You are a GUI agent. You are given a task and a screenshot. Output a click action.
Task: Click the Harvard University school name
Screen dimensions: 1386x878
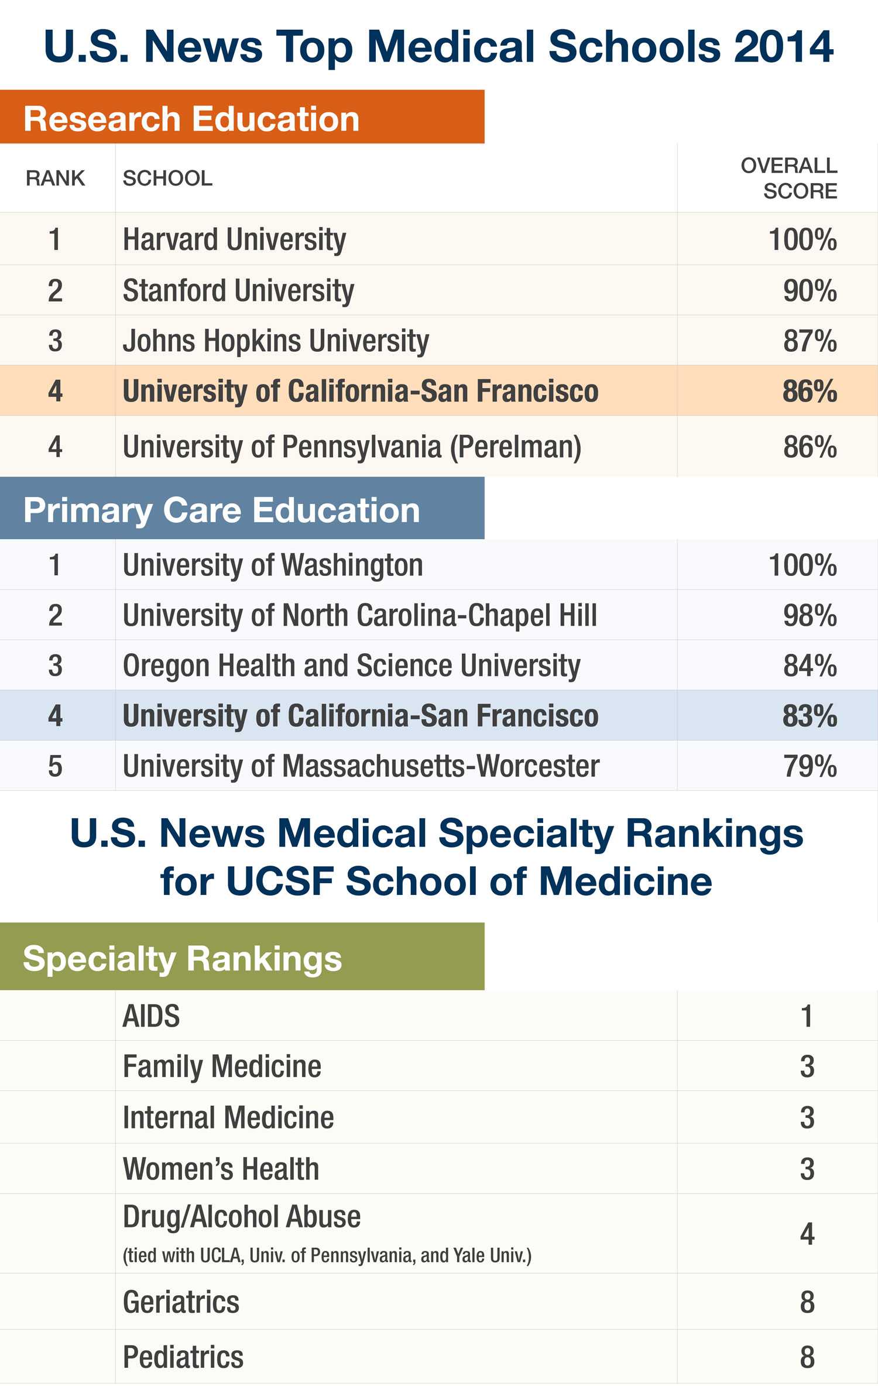click(x=234, y=239)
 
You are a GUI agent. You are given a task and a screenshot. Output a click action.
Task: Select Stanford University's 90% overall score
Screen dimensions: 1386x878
click(x=810, y=291)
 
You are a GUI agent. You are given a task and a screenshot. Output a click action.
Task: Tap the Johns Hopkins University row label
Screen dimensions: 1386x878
click(x=276, y=341)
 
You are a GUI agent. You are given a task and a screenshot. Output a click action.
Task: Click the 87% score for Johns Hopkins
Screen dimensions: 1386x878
click(x=810, y=341)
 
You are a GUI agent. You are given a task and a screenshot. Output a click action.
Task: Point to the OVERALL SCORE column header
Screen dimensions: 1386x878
click(x=788, y=178)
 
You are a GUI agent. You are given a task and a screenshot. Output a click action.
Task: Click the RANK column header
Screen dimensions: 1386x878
click(x=55, y=178)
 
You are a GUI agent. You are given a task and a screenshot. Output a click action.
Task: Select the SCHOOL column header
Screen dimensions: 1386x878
click(x=167, y=178)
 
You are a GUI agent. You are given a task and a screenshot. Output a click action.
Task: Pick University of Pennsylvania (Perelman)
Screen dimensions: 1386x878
click(x=352, y=447)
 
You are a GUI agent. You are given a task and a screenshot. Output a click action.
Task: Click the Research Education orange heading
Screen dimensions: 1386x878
click(x=191, y=119)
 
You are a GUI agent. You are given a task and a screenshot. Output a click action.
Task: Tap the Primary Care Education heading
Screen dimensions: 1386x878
click(x=221, y=510)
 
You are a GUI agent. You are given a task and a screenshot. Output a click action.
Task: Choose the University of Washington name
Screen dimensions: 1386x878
click(x=273, y=565)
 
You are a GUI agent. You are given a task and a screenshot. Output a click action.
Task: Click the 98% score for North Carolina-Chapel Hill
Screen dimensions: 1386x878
click(x=810, y=616)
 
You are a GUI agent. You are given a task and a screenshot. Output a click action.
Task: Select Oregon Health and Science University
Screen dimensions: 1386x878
click(x=351, y=666)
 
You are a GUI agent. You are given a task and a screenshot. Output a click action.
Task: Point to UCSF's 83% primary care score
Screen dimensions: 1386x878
click(x=810, y=716)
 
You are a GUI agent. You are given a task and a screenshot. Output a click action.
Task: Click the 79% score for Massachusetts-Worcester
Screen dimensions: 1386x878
click(x=810, y=767)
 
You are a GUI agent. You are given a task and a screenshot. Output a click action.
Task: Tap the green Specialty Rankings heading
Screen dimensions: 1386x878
click(x=182, y=959)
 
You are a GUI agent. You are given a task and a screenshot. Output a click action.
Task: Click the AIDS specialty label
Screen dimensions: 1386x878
click(x=151, y=1016)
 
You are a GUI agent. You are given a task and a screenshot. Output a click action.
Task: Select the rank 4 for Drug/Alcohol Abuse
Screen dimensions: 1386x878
click(x=807, y=1234)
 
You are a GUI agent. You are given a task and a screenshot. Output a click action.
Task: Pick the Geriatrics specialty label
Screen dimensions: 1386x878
click(x=181, y=1302)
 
